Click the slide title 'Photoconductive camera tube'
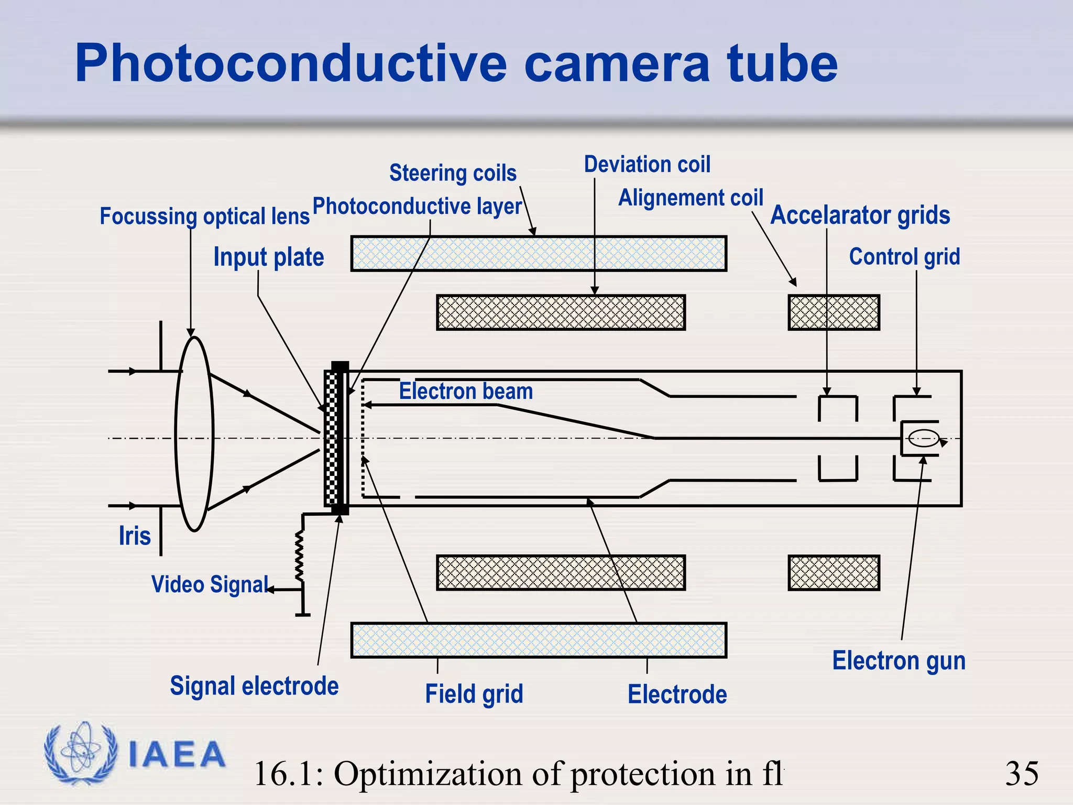[x=456, y=64]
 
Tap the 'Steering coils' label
[x=453, y=173]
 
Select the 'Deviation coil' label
[x=647, y=165]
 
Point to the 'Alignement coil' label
[x=691, y=198]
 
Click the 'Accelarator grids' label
[x=860, y=215]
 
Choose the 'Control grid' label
[x=904, y=257]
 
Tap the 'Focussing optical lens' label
[x=204, y=216]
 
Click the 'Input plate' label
[x=269, y=257]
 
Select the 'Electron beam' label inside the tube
[x=466, y=391]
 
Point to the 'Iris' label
[x=135, y=536]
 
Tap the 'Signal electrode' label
[x=254, y=686]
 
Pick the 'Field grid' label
[x=474, y=694]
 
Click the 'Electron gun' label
[x=899, y=661]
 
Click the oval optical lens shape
[x=194, y=434]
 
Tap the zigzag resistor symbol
[x=300, y=556]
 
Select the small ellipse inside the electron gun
[x=923, y=438]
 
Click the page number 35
[x=1022, y=774]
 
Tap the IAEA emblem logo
[x=81, y=754]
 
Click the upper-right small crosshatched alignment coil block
[x=834, y=312]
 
